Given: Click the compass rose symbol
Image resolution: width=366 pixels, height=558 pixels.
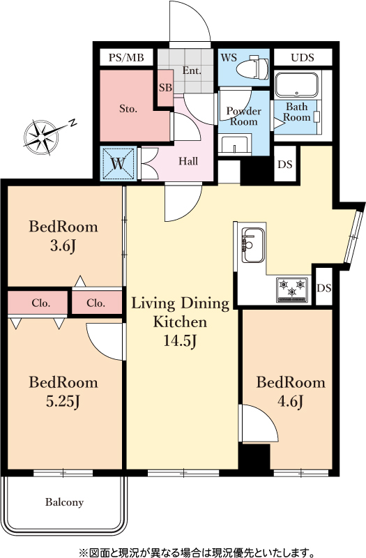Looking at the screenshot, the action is [42, 137].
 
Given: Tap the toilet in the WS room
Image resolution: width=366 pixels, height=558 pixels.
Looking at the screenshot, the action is [252, 68].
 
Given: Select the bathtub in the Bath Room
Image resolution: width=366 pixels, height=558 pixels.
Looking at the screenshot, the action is [297, 85].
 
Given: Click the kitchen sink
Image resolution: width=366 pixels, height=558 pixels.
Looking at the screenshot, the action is [253, 246].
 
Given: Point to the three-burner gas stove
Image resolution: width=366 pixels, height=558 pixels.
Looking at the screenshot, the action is [292, 289].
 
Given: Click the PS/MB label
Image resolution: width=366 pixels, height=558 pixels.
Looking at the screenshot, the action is [126, 58].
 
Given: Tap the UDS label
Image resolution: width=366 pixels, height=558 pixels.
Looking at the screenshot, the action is [303, 58].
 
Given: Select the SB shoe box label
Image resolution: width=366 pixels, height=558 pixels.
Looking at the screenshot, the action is [165, 87].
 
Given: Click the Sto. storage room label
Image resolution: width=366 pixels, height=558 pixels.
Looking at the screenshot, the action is [128, 109].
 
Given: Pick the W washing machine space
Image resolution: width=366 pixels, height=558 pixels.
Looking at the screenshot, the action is [119, 164].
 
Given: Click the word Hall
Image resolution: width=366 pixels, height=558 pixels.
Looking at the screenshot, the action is [188, 161].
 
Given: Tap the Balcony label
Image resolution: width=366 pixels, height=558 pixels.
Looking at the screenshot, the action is [64, 502].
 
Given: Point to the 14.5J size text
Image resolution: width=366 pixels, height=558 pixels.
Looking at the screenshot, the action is [180, 340].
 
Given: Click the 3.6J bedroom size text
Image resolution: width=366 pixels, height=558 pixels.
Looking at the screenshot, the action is [63, 246].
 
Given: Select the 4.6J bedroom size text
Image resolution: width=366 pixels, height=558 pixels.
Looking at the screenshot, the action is [290, 402].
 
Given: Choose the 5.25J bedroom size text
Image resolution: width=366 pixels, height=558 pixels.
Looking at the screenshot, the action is [63, 402].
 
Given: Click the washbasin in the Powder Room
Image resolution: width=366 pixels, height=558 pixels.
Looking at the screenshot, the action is [235, 144].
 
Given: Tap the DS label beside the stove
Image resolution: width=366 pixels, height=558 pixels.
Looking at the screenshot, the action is [323, 287].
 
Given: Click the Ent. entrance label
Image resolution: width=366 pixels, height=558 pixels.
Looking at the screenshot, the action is [192, 70].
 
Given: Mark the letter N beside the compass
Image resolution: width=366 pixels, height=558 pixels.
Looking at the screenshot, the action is [73, 123].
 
